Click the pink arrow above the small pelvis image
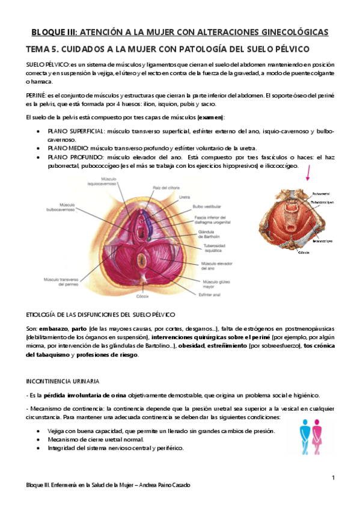pyautogui.click(x=308, y=174)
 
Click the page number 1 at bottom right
pyautogui.click(x=333, y=478)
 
